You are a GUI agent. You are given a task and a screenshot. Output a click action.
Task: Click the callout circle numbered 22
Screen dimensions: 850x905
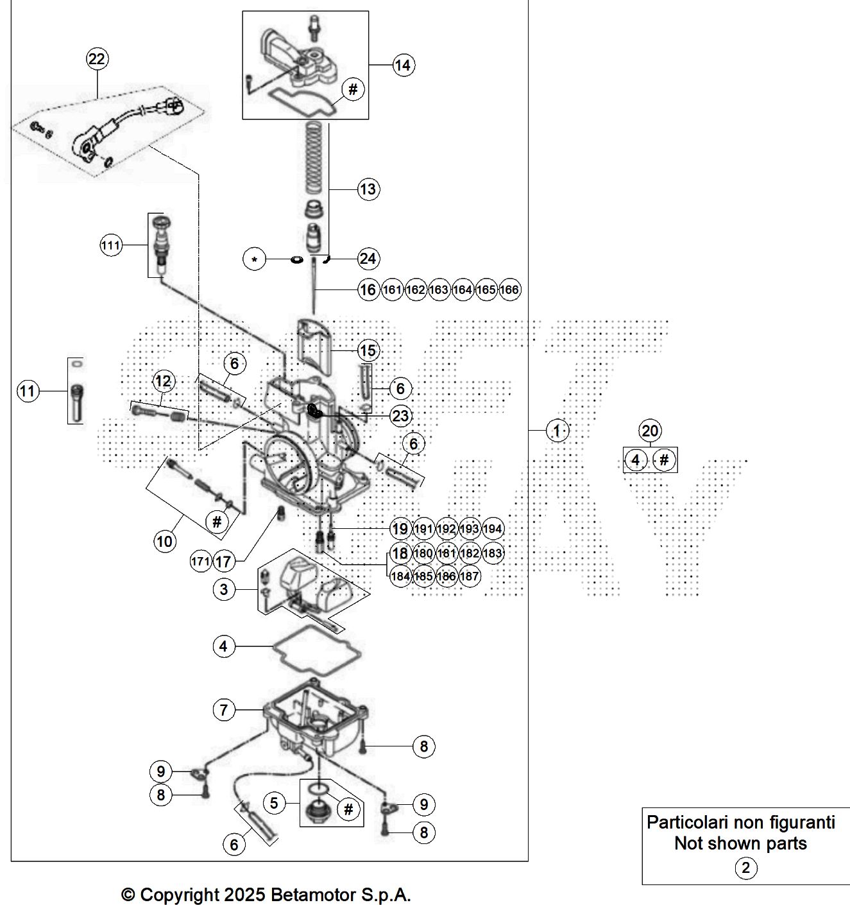(97, 59)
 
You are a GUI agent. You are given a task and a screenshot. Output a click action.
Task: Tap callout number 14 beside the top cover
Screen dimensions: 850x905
(403, 65)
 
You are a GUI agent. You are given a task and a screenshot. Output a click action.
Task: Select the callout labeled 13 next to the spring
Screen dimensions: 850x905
(368, 189)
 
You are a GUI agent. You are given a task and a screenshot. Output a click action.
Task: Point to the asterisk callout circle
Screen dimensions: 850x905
(254, 259)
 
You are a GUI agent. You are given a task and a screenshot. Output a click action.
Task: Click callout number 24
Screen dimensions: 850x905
(368, 259)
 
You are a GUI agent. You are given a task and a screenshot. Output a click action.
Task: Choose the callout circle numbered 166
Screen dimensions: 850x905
(509, 289)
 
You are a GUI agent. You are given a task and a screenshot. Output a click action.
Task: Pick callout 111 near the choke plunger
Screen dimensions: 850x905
(111, 246)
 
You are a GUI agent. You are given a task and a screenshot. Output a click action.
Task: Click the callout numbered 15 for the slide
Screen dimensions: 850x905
(368, 350)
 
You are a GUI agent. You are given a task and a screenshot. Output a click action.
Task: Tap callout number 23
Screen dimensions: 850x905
(401, 415)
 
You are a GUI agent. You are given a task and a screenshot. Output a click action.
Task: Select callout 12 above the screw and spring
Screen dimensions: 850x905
(164, 381)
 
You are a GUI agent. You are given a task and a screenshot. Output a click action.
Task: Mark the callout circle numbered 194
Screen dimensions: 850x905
(493, 529)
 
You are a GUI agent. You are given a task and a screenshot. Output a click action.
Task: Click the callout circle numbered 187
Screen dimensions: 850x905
(469, 576)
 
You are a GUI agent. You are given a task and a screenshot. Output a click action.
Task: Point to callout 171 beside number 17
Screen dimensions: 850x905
(200, 561)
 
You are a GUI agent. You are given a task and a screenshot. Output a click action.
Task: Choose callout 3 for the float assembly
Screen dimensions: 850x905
(224, 589)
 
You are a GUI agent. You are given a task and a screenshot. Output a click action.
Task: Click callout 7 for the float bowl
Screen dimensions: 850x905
(224, 709)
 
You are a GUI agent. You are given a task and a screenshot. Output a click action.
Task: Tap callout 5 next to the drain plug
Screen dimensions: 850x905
(274, 802)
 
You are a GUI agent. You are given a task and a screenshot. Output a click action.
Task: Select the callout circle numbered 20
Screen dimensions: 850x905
(650, 431)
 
